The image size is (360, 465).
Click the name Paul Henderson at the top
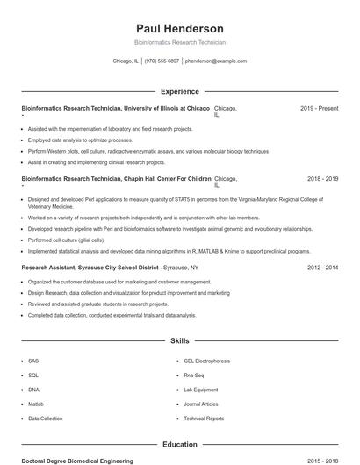click(179, 29)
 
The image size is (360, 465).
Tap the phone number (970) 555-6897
click(162, 61)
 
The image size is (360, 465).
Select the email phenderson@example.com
click(216, 61)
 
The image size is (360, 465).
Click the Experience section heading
click(179, 91)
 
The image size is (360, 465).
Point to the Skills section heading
click(179, 340)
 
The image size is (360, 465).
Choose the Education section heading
click(179, 445)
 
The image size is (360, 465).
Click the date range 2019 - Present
click(319, 108)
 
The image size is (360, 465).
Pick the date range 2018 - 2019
click(322, 178)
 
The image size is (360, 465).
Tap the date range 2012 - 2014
click(322, 267)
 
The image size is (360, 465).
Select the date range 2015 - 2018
click(322, 461)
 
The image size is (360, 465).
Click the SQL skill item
click(33, 375)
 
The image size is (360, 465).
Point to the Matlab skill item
click(36, 404)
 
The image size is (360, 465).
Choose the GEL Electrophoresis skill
click(206, 361)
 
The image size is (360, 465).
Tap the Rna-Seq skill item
click(195, 375)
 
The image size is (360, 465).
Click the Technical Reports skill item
click(205, 418)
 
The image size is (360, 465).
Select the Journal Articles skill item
click(201, 404)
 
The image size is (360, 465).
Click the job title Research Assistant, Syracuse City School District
click(90, 267)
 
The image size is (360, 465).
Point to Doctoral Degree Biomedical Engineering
click(77, 461)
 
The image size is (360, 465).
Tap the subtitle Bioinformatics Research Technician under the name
click(179, 42)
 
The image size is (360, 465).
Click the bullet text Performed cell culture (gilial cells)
click(66, 240)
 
